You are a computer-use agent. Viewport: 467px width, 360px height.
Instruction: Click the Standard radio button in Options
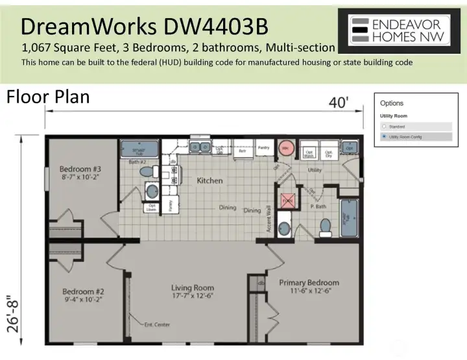[x=384, y=126]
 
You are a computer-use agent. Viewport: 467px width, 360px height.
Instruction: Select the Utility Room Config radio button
[x=384, y=137]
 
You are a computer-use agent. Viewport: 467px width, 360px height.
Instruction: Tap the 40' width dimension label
[x=337, y=102]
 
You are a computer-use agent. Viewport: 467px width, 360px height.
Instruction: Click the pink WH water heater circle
[x=284, y=148]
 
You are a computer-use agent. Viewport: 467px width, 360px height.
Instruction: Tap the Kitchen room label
[x=210, y=180]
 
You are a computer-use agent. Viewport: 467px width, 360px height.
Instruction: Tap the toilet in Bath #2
[x=148, y=171]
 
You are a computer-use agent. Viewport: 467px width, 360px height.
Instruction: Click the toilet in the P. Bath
[x=326, y=226]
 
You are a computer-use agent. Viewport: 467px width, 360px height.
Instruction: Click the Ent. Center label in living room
[x=156, y=324]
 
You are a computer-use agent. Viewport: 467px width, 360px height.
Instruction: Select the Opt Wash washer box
[x=309, y=152]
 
